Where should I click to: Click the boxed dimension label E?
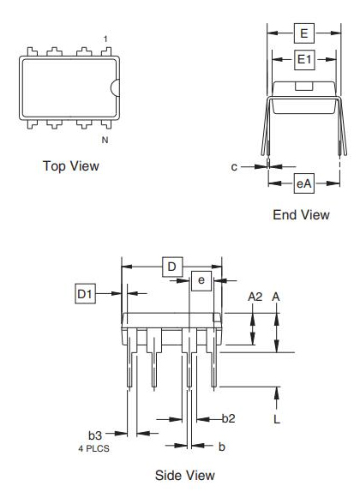[303, 33]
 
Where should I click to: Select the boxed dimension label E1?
[303, 60]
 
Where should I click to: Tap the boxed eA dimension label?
[303, 183]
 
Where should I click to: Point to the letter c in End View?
[234, 167]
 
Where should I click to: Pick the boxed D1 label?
[84, 295]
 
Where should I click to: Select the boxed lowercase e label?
[201, 281]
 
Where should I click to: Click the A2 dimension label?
[255, 297]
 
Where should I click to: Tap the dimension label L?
[276, 420]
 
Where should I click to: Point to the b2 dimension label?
[229, 418]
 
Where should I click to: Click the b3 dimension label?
[95, 435]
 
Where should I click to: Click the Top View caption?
[70, 165]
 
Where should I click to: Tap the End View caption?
[301, 214]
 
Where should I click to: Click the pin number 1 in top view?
[105, 39]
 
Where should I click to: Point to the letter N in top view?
[105, 140]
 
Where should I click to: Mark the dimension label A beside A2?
[276, 297]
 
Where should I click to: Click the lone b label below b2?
[221, 447]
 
